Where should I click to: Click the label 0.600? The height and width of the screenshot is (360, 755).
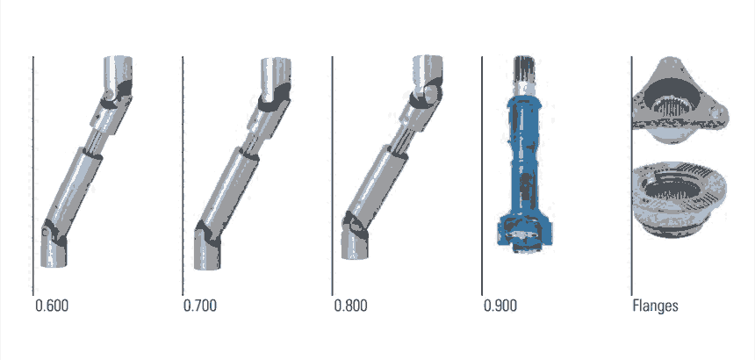(52, 306)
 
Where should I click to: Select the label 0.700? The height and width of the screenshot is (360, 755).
(200, 306)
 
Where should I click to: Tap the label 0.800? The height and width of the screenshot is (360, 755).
(350, 306)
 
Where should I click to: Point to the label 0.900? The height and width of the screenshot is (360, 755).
(500, 306)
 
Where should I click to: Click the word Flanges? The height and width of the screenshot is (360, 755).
(655, 306)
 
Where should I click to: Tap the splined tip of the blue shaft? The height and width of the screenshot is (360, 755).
(524, 68)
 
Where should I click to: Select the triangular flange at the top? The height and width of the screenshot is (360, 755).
(679, 100)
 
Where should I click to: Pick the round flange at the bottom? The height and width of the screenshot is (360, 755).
(679, 198)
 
